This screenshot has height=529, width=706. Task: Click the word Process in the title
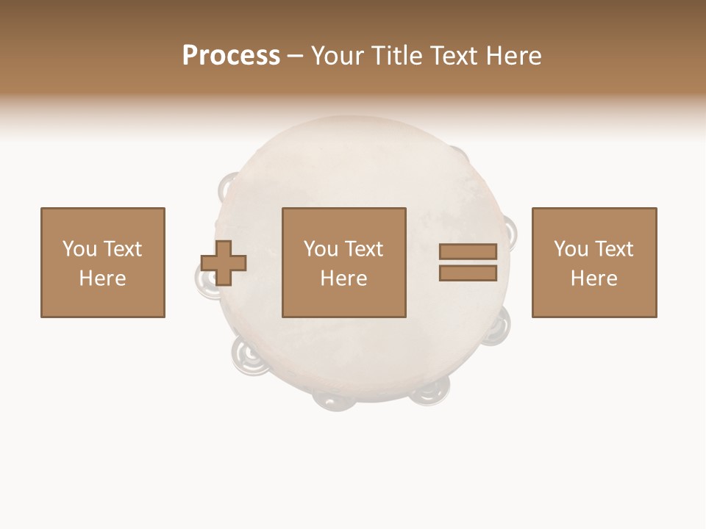pyautogui.click(x=231, y=56)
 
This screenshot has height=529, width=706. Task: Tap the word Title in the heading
pyautogui.click(x=399, y=56)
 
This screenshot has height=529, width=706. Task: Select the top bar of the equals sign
pyautogui.click(x=468, y=251)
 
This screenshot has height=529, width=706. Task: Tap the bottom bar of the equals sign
pyautogui.click(x=468, y=273)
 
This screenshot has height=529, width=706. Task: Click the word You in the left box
pyautogui.click(x=79, y=249)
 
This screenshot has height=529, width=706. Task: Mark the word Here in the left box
pyautogui.click(x=102, y=278)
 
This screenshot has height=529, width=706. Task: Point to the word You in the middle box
pyautogui.click(x=321, y=249)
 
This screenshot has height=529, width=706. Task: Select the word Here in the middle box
pyautogui.click(x=343, y=278)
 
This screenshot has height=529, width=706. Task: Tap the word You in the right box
pyautogui.click(x=571, y=249)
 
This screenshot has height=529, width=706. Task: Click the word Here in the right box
pyautogui.click(x=593, y=278)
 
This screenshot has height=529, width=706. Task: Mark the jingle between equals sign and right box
pyautogui.click(x=510, y=233)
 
